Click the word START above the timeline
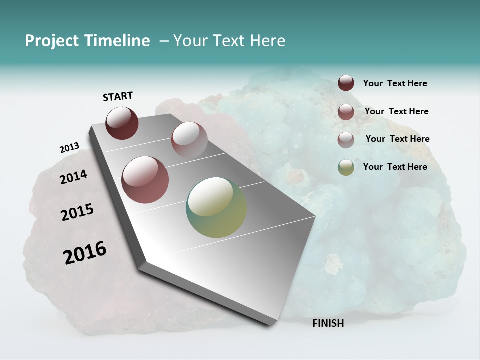(118, 96)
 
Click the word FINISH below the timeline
(328, 323)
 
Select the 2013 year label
(69, 148)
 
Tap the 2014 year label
(73, 177)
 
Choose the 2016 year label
(85, 253)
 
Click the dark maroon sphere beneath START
(122, 123)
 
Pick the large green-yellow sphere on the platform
(216, 207)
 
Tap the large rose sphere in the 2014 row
(145, 180)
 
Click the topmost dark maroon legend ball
(346, 83)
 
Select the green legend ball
(346, 167)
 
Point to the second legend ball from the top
(346, 112)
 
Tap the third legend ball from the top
(346, 140)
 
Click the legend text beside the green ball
(395, 167)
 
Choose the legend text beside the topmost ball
(395, 83)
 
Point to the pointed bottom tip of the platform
(270, 325)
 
